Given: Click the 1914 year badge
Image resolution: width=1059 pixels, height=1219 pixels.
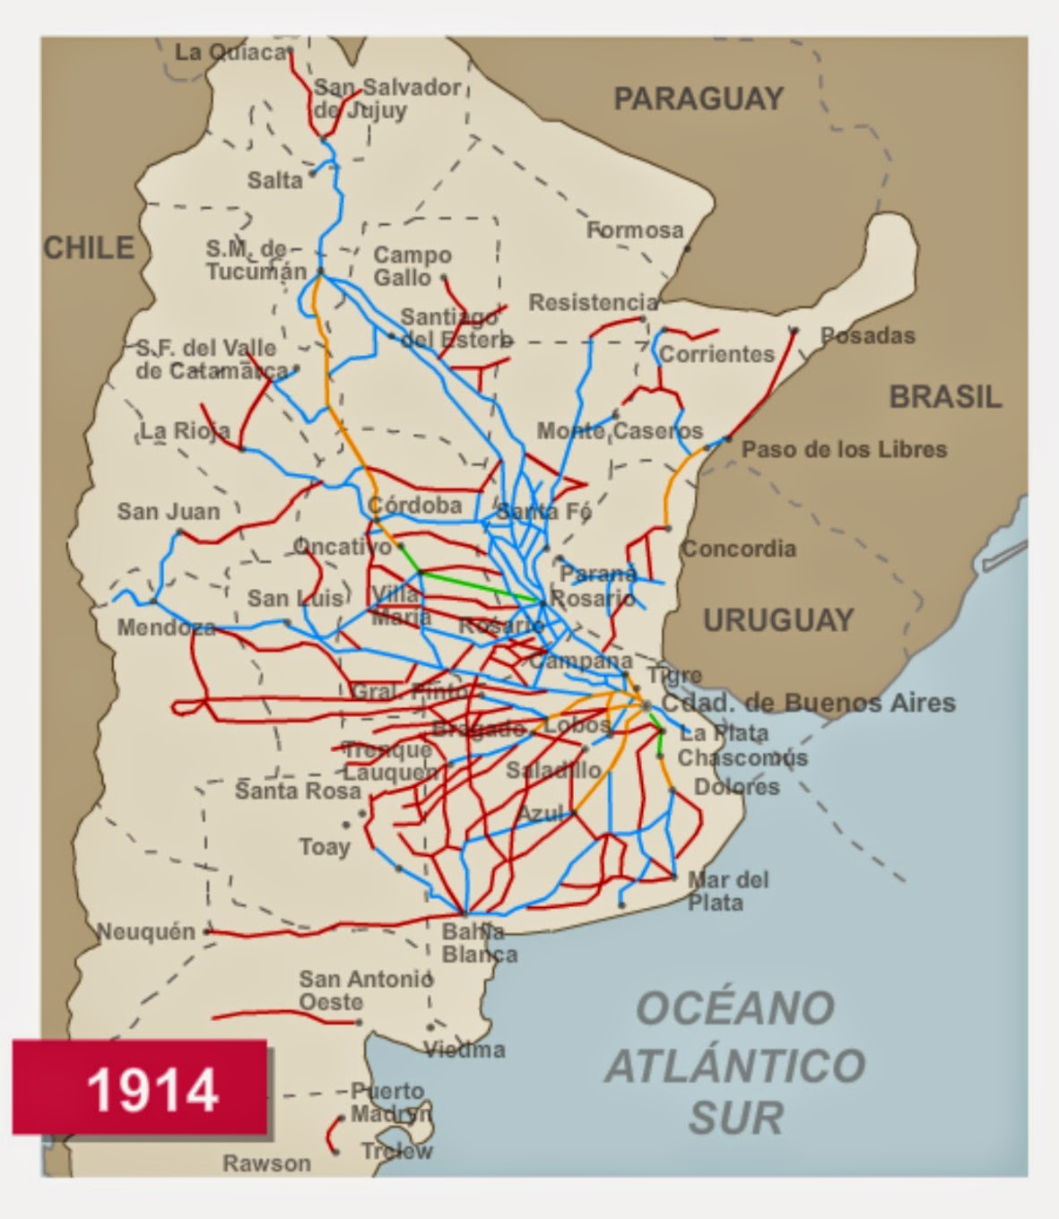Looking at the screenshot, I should coord(140,1088).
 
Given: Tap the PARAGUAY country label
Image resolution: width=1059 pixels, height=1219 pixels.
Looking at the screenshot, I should coord(698,99).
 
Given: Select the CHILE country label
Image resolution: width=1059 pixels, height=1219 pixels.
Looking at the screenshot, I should coord(89,247).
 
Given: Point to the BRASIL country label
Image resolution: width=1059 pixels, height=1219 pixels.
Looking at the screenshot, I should coord(944,396).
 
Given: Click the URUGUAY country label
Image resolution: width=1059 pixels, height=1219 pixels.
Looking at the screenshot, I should coord(777,619).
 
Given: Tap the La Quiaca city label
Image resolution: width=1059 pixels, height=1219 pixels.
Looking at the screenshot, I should coord(230,52).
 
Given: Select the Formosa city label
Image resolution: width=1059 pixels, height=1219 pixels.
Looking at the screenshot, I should coord(635,230).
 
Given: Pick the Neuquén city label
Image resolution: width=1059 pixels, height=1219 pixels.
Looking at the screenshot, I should coord(145,931).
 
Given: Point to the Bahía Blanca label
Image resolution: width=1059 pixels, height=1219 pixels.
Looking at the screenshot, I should coord(479,943).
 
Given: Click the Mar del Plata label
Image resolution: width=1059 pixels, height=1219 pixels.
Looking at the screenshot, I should coord(727,891).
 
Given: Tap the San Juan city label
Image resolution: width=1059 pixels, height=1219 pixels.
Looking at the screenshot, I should coord(168,512).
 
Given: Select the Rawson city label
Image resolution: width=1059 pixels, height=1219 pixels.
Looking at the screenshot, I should coord(266,1163).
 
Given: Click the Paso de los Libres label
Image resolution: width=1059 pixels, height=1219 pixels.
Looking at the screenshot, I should coord(843,449).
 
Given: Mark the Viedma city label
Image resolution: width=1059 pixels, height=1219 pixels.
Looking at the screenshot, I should coord(464,1049).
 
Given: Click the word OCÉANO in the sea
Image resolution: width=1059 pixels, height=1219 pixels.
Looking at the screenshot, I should coord(734,1008).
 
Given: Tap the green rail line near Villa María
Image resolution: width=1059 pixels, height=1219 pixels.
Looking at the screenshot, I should coord(480,586).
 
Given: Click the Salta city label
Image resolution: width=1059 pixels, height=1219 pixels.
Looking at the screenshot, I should coord(274,180).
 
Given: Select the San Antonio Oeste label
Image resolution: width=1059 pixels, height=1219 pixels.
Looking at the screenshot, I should coord(365,990).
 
